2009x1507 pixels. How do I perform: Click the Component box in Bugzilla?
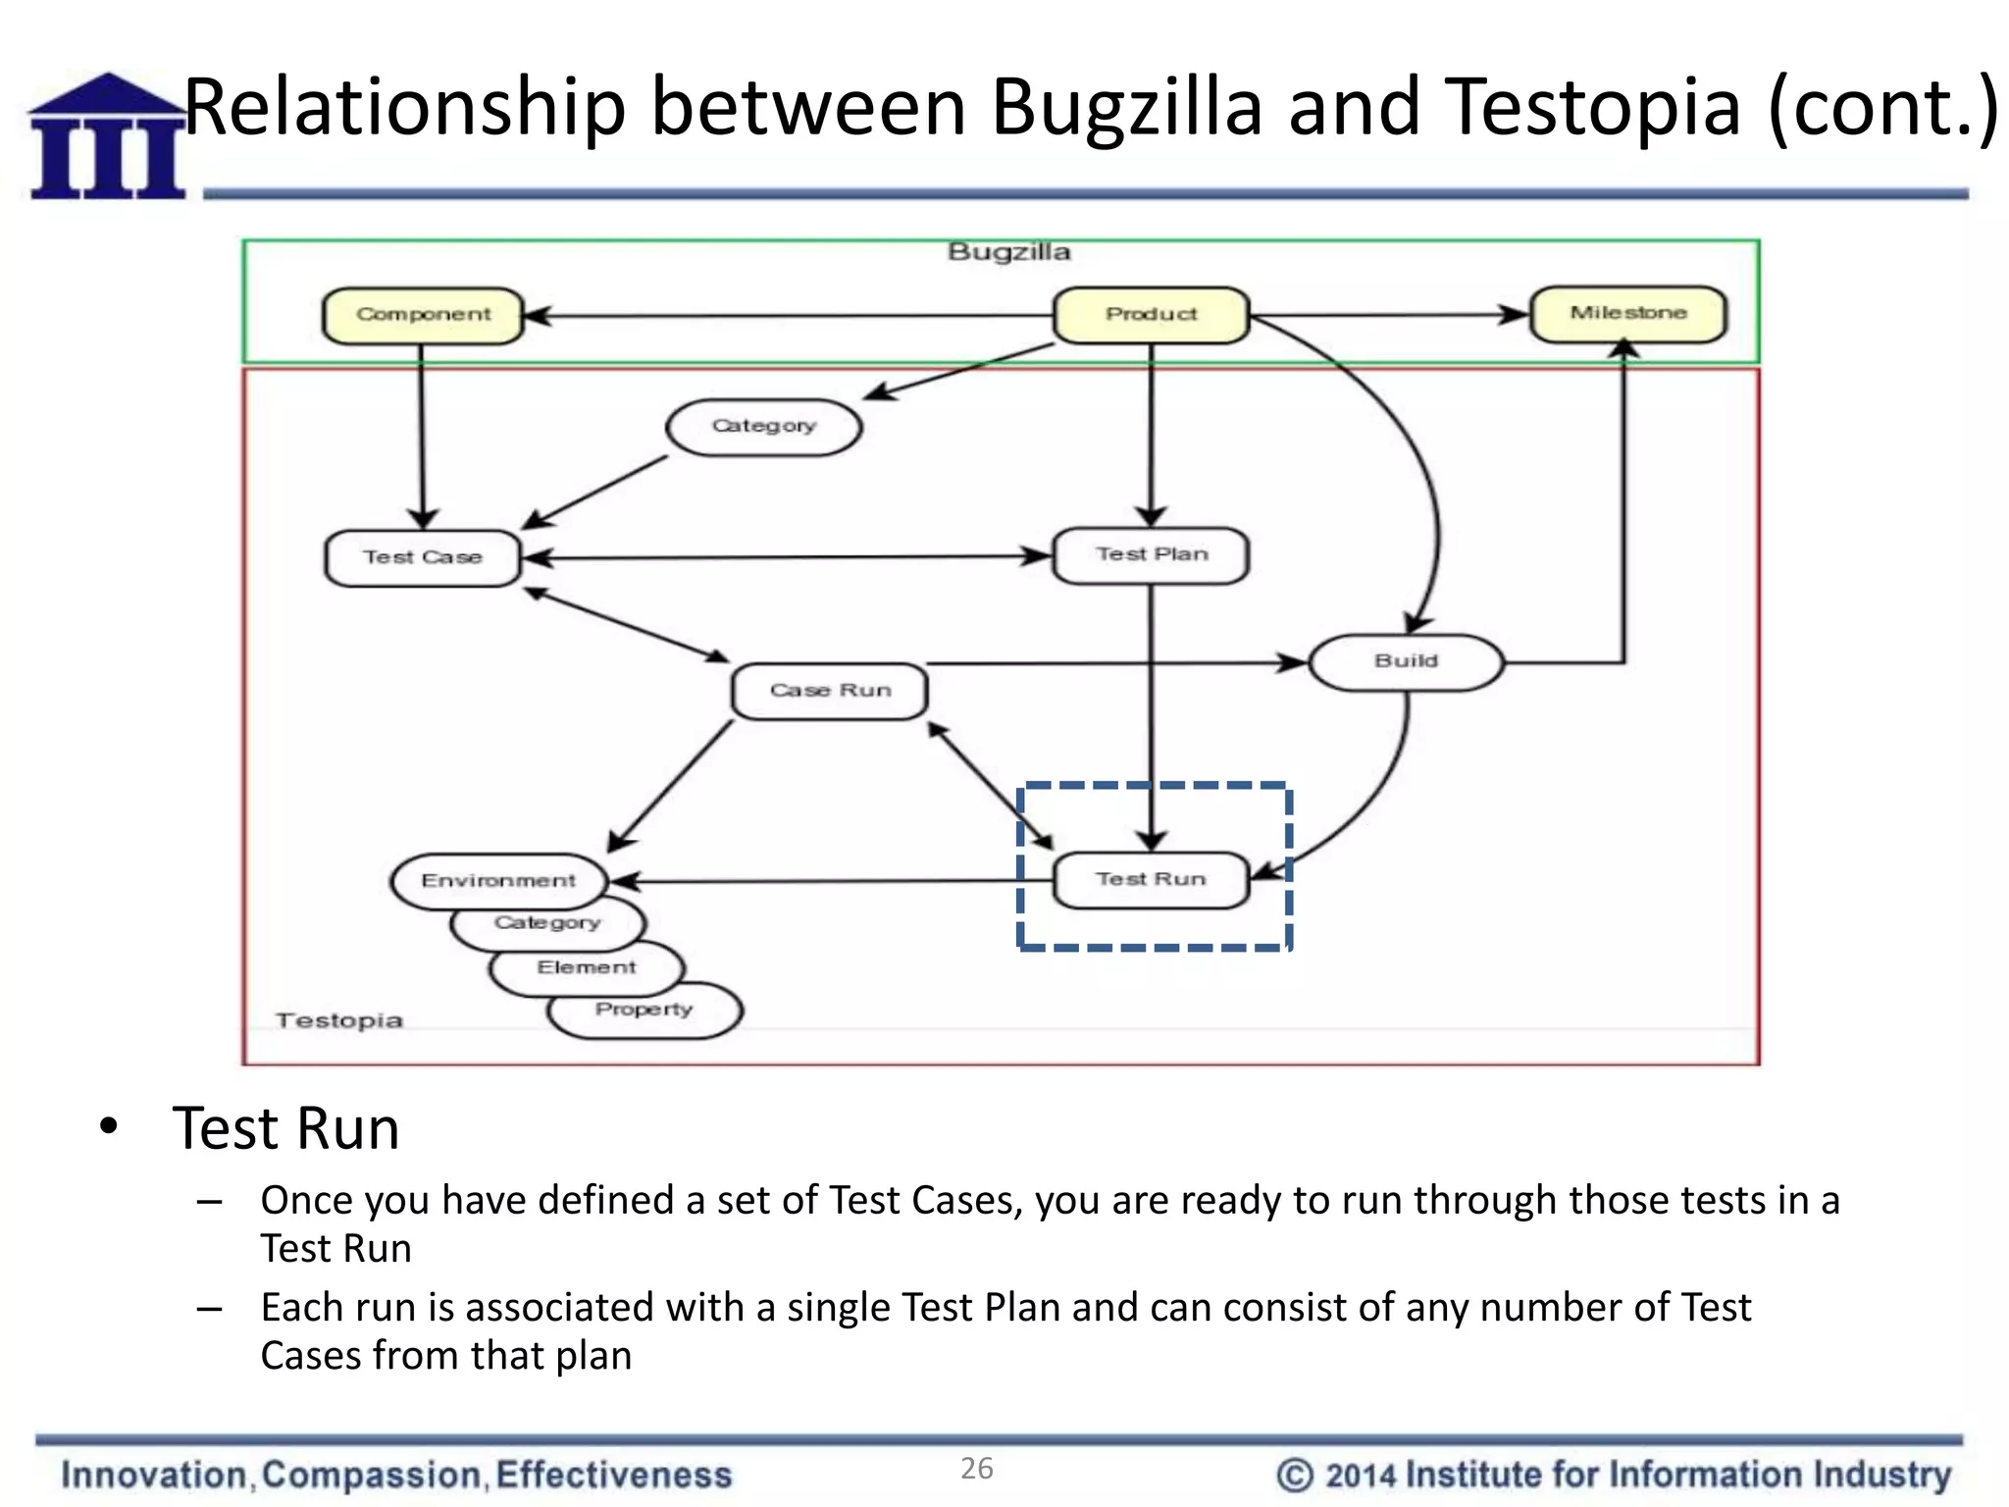coord(423,315)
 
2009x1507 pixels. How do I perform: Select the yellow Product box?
coord(1151,315)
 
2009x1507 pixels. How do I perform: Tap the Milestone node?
coord(1628,314)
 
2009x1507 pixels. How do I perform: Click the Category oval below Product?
coord(763,427)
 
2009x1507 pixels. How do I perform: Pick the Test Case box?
coord(423,558)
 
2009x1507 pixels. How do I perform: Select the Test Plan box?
coord(1151,555)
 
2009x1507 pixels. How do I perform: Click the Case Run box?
coord(830,691)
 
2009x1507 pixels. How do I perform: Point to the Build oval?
coord(1406,662)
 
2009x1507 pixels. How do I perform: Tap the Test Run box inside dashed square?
coord(1151,880)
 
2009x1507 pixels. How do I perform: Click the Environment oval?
coord(498,881)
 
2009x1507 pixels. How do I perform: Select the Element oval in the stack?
coord(587,968)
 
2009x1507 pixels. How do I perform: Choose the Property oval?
coord(644,1011)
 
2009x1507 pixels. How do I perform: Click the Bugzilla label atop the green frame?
coord(1008,252)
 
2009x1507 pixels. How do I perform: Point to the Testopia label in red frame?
coord(339,1021)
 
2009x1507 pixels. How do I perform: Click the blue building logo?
coord(107,137)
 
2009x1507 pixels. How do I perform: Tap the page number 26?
coord(976,1469)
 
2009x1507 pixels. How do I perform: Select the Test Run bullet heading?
coord(285,1128)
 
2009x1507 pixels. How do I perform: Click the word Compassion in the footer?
coord(371,1475)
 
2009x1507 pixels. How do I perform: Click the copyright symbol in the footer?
coord(1294,1475)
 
